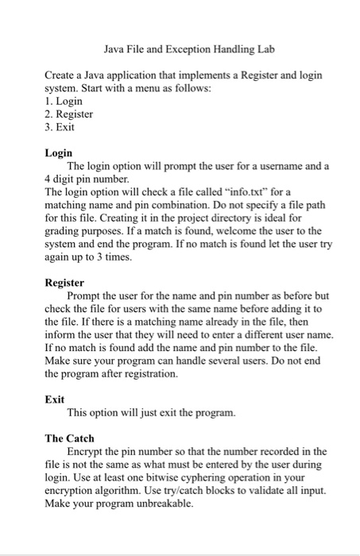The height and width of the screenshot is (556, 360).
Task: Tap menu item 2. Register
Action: pyautogui.click(x=69, y=114)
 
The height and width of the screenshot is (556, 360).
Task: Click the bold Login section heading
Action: pyautogui.click(x=59, y=153)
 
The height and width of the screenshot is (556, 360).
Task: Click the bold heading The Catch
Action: pyautogui.click(x=69, y=438)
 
